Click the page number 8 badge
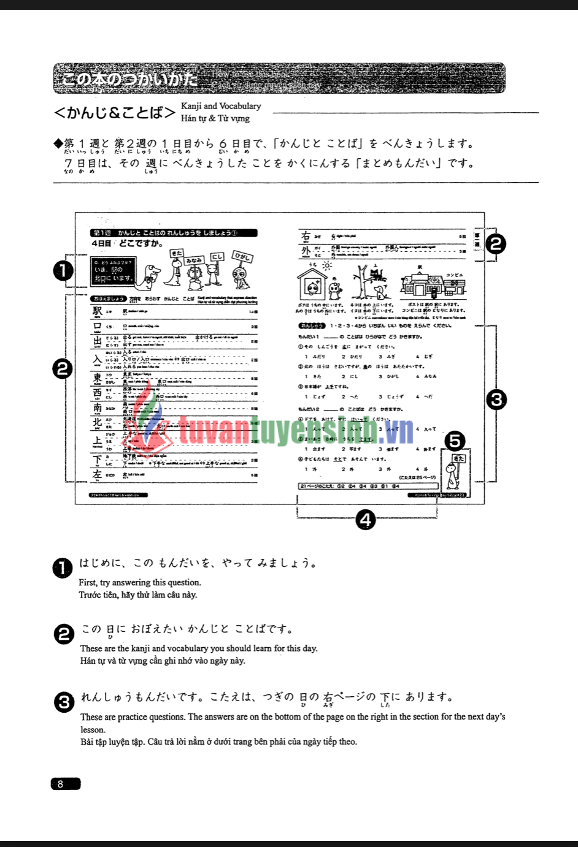(65, 784)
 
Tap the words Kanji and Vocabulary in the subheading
(221, 106)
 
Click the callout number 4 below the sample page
(366, 520)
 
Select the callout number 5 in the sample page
(454, 441)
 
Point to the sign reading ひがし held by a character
(242, 257)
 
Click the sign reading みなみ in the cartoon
(194, 260)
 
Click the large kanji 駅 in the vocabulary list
(98, 311)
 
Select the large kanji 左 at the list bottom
(98, 474)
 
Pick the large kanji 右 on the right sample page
(306, 236)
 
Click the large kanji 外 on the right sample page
(306, 251)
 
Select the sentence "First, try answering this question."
(140, 582)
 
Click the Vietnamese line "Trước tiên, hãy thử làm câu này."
(138, 594)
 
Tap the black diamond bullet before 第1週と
(58, 143)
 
